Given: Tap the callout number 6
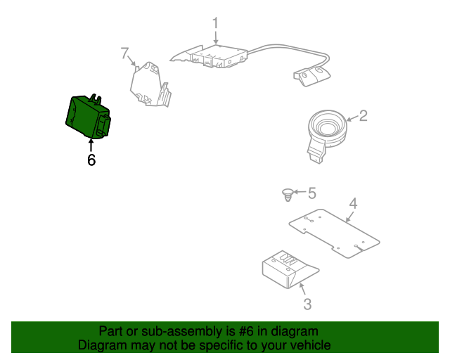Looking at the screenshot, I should click(91, 160).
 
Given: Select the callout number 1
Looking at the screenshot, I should click(216, 22).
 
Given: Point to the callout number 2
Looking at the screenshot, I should click(363, 115).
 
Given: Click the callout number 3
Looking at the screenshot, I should click(307, 304).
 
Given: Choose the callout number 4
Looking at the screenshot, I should click(354, 204).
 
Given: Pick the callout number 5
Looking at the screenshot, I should click(312, 193).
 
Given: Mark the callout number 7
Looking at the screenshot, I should click(124, 53).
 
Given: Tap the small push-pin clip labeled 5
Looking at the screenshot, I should click(287, 194).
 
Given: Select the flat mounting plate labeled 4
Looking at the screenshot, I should click(335, 232).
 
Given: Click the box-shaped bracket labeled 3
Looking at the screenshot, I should click(287, 269).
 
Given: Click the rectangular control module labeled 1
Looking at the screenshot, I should click(214, 56).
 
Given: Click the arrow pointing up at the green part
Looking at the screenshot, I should click(91, 144).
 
